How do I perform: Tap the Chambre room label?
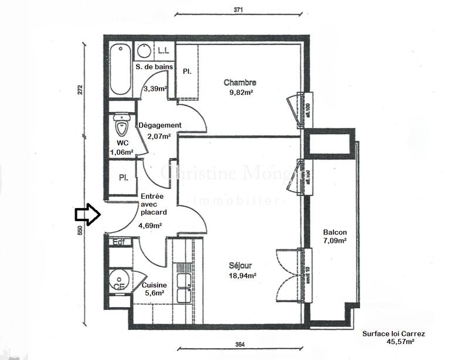pos(240,83)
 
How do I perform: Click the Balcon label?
pos(334,232)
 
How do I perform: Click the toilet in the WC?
pos(122,125)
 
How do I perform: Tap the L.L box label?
pos(164,50)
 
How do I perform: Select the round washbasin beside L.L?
pos(143,49)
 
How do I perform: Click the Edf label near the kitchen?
pos(119,242)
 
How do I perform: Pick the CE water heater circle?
pos(119,281)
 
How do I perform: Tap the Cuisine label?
pos(154,285)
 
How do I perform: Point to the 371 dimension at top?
pos(237,9)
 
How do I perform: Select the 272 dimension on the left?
pos(80,90)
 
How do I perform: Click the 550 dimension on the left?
pos(80,231)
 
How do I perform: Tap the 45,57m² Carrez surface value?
pos(401,341)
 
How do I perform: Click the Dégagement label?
pos(159,125)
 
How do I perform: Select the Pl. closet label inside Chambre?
pos(188,71)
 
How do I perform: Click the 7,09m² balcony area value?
pos(335,240)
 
